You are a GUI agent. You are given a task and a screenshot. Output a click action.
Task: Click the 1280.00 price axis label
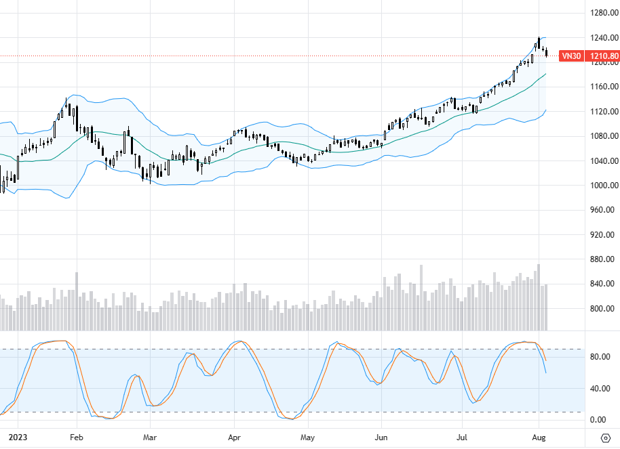[603, 13]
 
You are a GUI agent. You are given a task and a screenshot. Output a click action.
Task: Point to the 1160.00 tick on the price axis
[603, 87]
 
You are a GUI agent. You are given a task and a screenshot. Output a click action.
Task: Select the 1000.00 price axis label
[603, 186]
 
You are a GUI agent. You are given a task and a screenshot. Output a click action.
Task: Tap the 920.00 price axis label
[603, 235]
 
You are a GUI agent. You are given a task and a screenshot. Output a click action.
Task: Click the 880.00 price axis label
[603, 259]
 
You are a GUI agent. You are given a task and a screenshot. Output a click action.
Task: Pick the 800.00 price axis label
[603, 309]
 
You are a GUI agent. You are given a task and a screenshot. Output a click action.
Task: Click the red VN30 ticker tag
[571, 56]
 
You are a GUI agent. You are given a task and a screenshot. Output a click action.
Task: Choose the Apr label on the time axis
[234, 437]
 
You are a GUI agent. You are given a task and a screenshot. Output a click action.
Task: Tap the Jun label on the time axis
[381, 437]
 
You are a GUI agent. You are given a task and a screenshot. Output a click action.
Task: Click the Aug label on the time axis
[539, 437]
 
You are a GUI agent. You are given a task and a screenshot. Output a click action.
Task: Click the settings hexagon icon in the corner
[606, 437]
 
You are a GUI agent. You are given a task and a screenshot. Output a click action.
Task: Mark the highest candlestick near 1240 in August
[539, 43]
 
